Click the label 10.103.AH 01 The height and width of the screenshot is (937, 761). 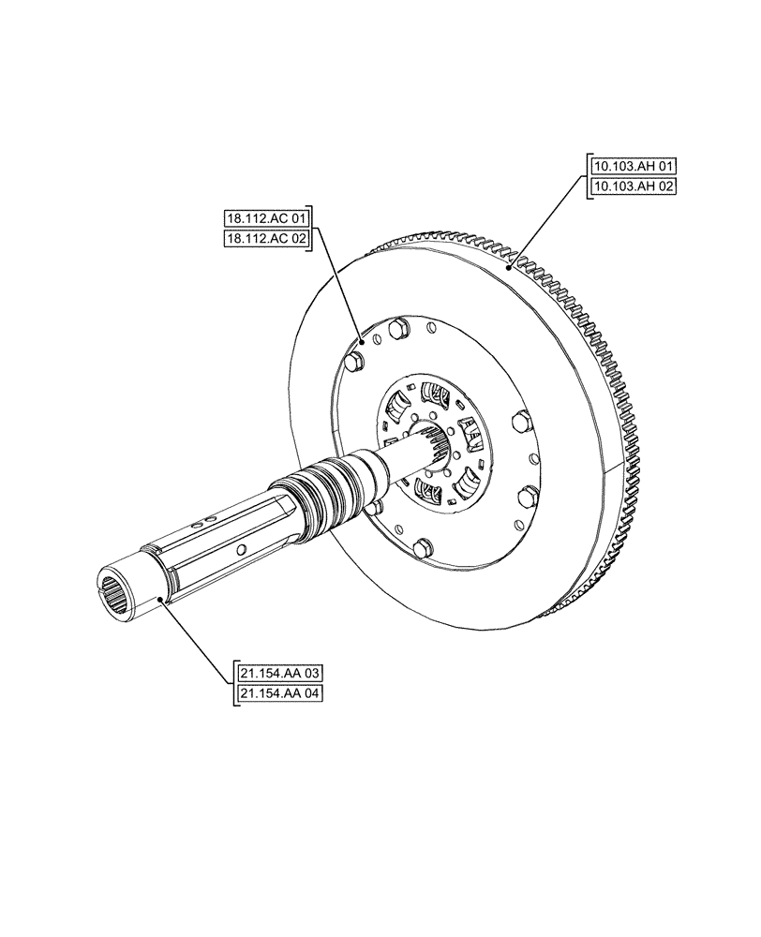point(634,166)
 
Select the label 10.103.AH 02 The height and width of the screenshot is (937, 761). point(634,186)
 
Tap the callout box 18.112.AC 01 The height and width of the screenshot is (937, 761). point(267,218)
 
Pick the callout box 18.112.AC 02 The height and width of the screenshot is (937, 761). point(267,238)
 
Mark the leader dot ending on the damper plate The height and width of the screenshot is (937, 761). point(363,343)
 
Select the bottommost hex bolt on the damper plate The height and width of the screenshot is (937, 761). point(421,548)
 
